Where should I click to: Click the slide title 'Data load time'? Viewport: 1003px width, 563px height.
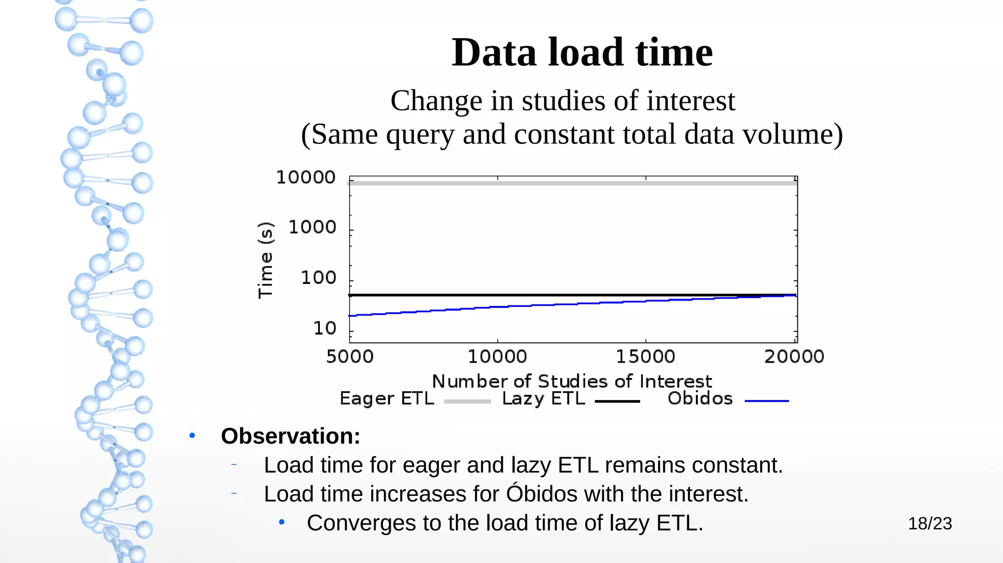pyautogui.click(x=581, y=52)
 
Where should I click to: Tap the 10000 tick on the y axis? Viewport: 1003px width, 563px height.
pyautogui.click(x=306, y=177)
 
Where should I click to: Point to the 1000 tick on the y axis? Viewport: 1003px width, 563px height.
pyautogui.click(x=312, y=227)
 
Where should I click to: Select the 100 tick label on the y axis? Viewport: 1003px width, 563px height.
pyautogui.click(x=318, y=278)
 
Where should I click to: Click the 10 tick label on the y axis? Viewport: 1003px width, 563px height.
pyautogui.click(x=325, y=328)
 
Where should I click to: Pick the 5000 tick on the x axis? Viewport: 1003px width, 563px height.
pyautogui.click(x=350, y=356)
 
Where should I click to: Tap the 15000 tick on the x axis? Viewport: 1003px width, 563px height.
pyautogui.click(x=645, y=356)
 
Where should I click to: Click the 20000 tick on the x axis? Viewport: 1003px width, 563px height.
pyautogui.click(x=794, y=356)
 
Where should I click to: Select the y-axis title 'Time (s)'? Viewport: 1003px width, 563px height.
pyautogui.click(x=265, y=260)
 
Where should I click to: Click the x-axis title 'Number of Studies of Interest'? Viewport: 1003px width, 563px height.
pyautogui.click(x=572, y=381)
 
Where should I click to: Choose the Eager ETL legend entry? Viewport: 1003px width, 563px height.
pyautogui.click(x=387, y=399)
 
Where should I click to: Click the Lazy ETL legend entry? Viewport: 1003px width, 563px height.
pyautogui.click(x=544, y=399)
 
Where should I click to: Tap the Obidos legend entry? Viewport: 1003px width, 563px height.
pyautogui.click(x=700, y=399)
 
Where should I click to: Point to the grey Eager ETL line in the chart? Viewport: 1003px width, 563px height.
pyautogui.click(x=573, y=183)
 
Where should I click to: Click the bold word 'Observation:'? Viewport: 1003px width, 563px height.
pyautogui.click(x=290, y=436)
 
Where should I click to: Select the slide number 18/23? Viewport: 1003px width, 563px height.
pyautogui.click(x=930, y=523)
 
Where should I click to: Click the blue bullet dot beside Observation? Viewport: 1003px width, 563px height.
pyautogui.click(x=192, y=435)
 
